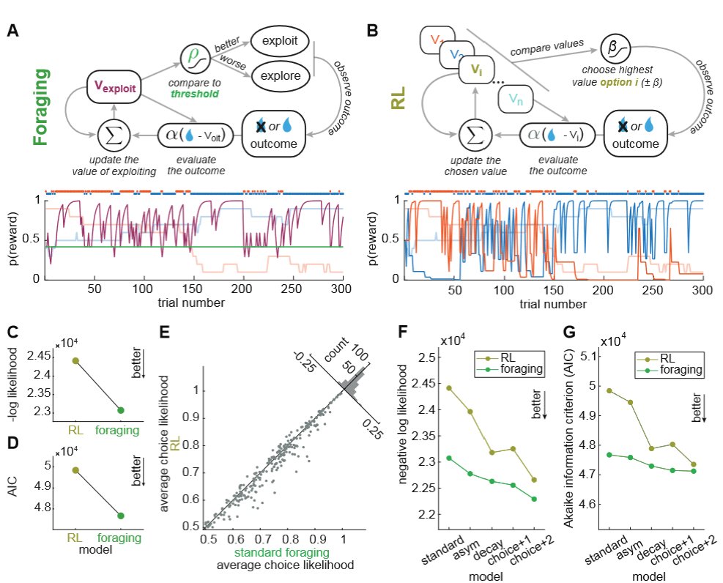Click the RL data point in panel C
[76, 360]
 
